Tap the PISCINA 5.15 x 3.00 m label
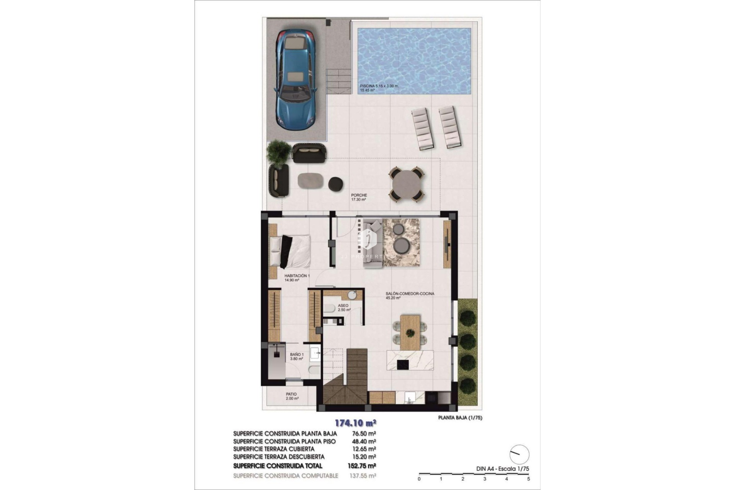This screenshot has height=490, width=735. tap(379, 86)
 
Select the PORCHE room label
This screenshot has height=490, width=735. tap(359, 195)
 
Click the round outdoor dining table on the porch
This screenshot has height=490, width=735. tap(406, 184)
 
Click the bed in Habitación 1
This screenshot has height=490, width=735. tap(290, 251)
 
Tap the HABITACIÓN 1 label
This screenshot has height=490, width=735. tap(297, 276)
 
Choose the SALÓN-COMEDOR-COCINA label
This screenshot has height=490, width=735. tap(410, 294)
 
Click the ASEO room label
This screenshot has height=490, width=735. tap(343, 305)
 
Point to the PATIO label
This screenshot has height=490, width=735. tap(291, 394)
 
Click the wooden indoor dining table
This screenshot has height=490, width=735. tap(410, 332)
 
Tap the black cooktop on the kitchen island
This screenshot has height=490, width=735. tap(403, 364)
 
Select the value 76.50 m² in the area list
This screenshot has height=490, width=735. tap(363, 433)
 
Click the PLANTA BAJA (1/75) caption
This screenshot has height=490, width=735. tap(460, 418)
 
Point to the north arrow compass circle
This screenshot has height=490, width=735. tap(519, 454)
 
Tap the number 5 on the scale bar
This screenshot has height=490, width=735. tap(529, 479)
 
